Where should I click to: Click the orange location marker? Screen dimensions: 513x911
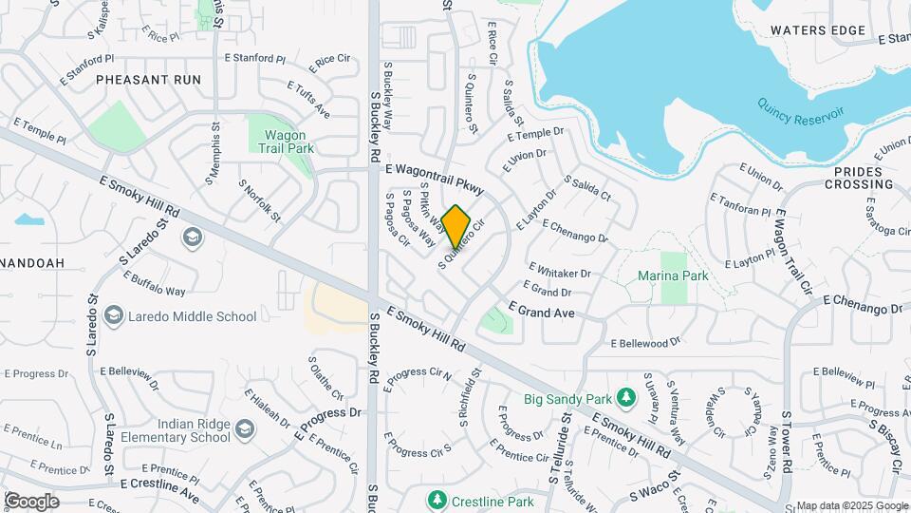coord(456,227)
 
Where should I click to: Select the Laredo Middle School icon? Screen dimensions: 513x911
coord(114,314)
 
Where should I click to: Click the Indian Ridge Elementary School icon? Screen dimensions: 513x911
coord(245,431)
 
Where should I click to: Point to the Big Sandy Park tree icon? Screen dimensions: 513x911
coord(624,396)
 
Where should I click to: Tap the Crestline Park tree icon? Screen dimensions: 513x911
coord(437,499)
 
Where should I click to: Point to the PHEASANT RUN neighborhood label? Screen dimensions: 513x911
coord(148,80)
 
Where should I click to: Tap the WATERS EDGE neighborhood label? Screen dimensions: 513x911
coord(818,30)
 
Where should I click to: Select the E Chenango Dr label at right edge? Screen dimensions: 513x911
coord(862,304)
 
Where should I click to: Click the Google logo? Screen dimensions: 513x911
coord(31,501)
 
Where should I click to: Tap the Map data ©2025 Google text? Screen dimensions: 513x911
coord(851,505)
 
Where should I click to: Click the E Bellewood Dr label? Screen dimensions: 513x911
coord(645,342)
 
